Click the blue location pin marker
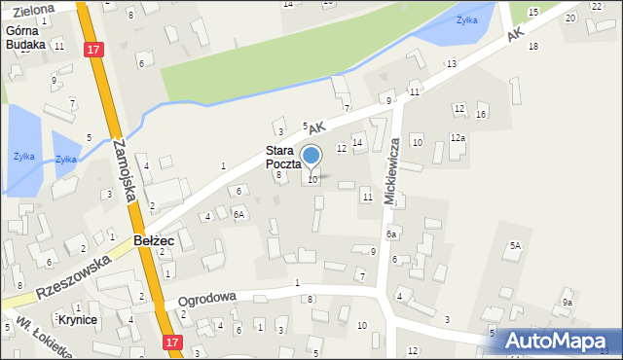click(x=311, y=156)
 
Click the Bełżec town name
click(x=155, y=239)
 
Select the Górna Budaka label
click(x=25, y=37)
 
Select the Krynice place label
click(x=79, y=319)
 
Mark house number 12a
click(x=457, y=138)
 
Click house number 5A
click(x=514, y=246)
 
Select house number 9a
click(x=567, y=303)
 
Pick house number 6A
click(x=238, y=212)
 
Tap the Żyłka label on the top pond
click(x=469, y=19)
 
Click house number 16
click(x=481, y=115)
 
